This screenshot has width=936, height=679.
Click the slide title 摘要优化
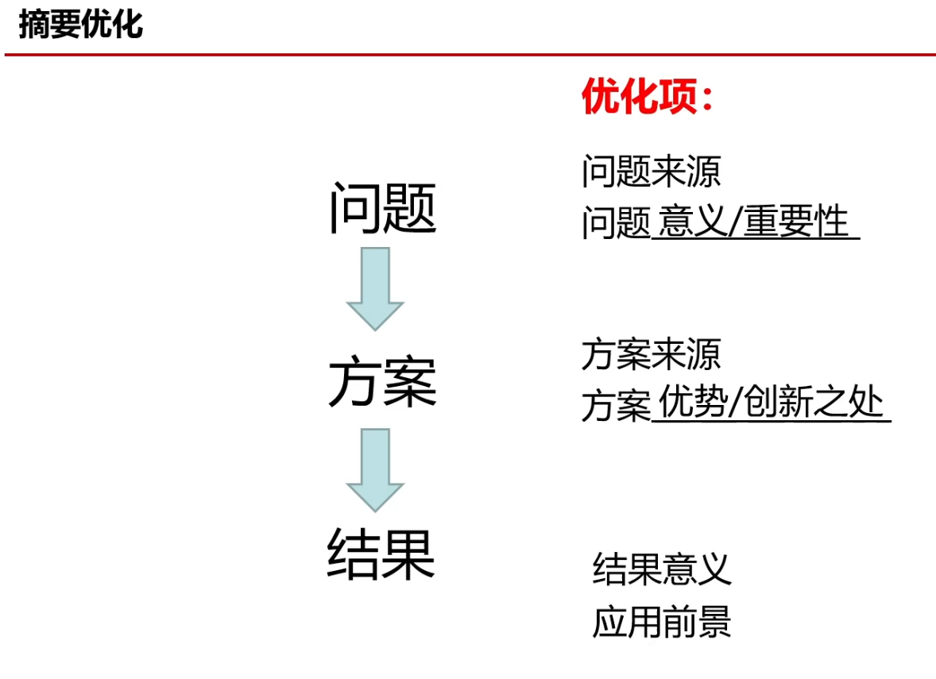click(80, 25)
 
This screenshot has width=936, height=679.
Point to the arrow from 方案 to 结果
click(375, 469)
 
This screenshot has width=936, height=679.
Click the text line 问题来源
click(651, 172)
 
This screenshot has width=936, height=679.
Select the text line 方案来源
click(651, 354)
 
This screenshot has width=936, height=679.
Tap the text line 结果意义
click(662, 569)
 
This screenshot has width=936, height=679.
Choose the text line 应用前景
click(662, 622)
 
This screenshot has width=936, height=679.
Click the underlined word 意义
click(692, 222)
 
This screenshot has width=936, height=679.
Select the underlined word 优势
click(692, 404)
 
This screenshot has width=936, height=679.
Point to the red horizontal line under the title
click(470, 55)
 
